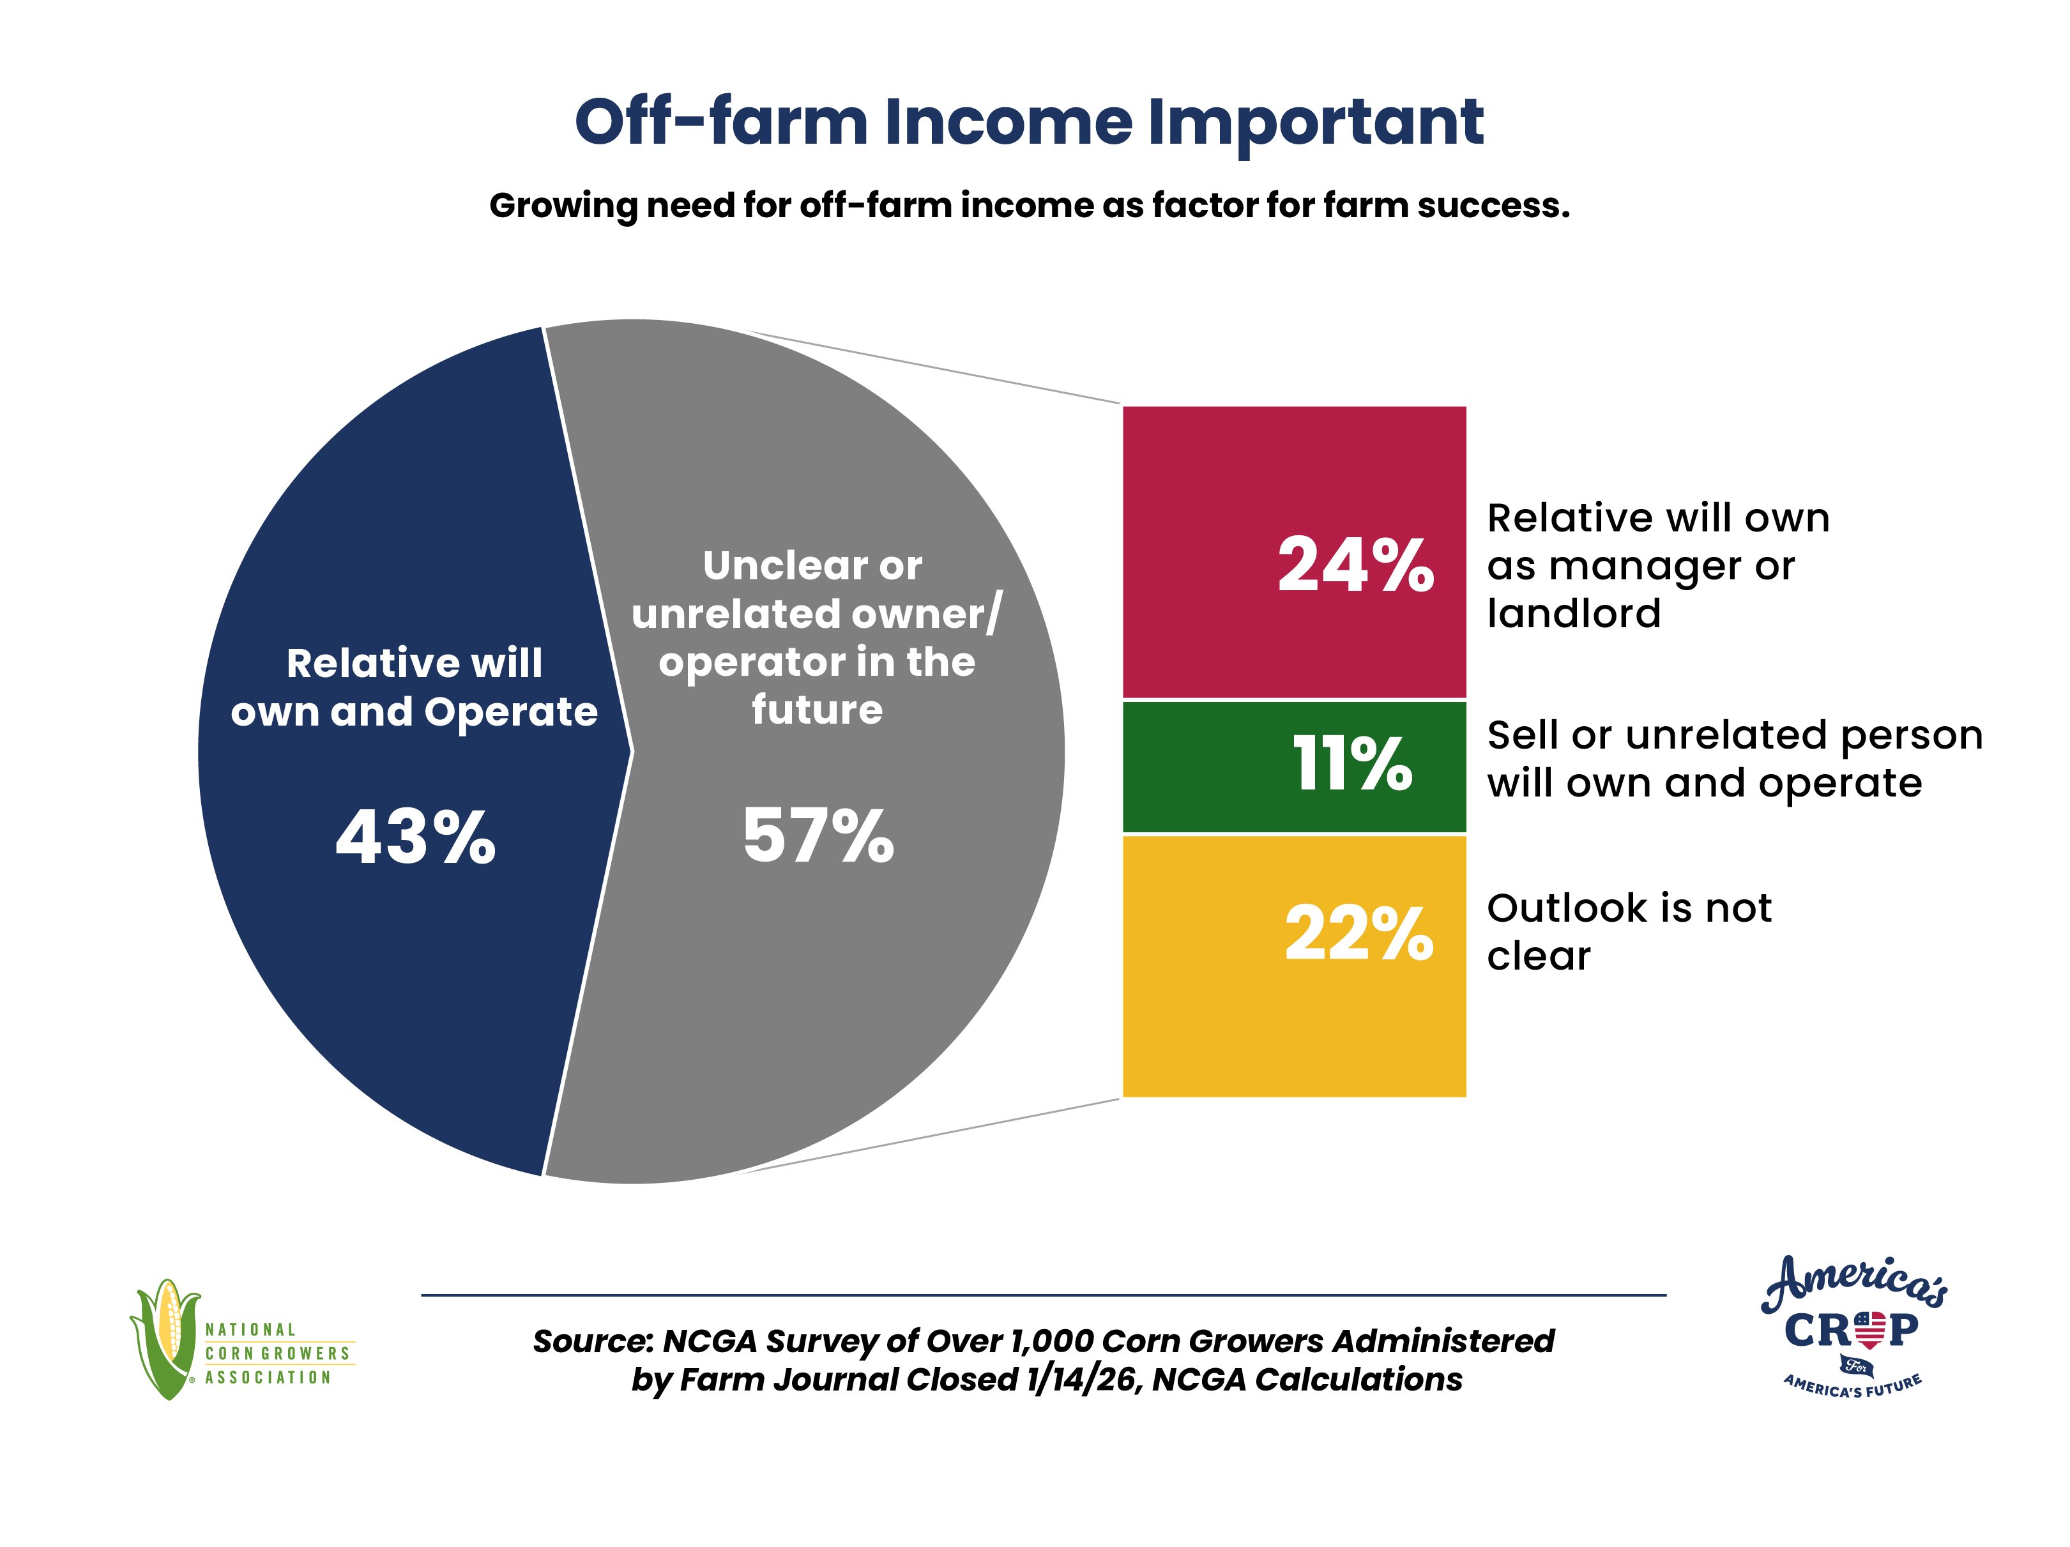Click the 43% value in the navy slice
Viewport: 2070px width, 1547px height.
(416, 837)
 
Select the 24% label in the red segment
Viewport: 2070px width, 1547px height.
(1355, 565)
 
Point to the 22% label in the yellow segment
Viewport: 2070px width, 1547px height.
(1358, 933)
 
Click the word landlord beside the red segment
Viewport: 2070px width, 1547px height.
(1574, 614)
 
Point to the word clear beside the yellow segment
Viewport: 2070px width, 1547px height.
(1539, 956)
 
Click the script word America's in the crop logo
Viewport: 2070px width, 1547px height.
(1855, 1283)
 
